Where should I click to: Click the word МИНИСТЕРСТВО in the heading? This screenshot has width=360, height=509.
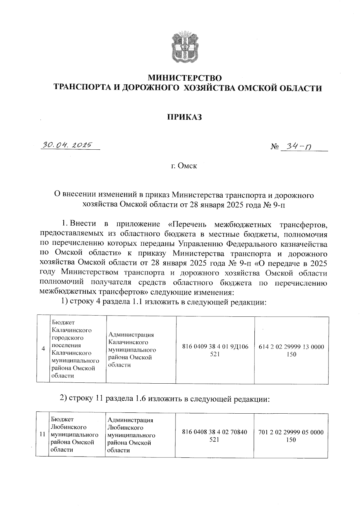click(185, 78)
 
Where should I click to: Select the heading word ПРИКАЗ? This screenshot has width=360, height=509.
click(184, 117)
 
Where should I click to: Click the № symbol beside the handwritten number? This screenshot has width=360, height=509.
click(274, 147)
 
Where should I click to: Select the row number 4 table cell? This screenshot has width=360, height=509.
click(43, 349)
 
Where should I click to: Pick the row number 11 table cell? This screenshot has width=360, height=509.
click(42, 434)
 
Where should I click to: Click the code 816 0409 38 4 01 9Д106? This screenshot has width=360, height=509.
click(215, 347)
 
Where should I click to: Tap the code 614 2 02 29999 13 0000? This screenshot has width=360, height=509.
click(291, 347)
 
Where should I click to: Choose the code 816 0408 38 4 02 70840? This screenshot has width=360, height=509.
click(214, 432)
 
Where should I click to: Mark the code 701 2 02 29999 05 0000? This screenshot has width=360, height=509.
click(291, 432)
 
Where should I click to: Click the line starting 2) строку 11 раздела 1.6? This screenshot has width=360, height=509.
click(165, 398)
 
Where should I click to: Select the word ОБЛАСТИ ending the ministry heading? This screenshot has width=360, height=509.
click(301, 88)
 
